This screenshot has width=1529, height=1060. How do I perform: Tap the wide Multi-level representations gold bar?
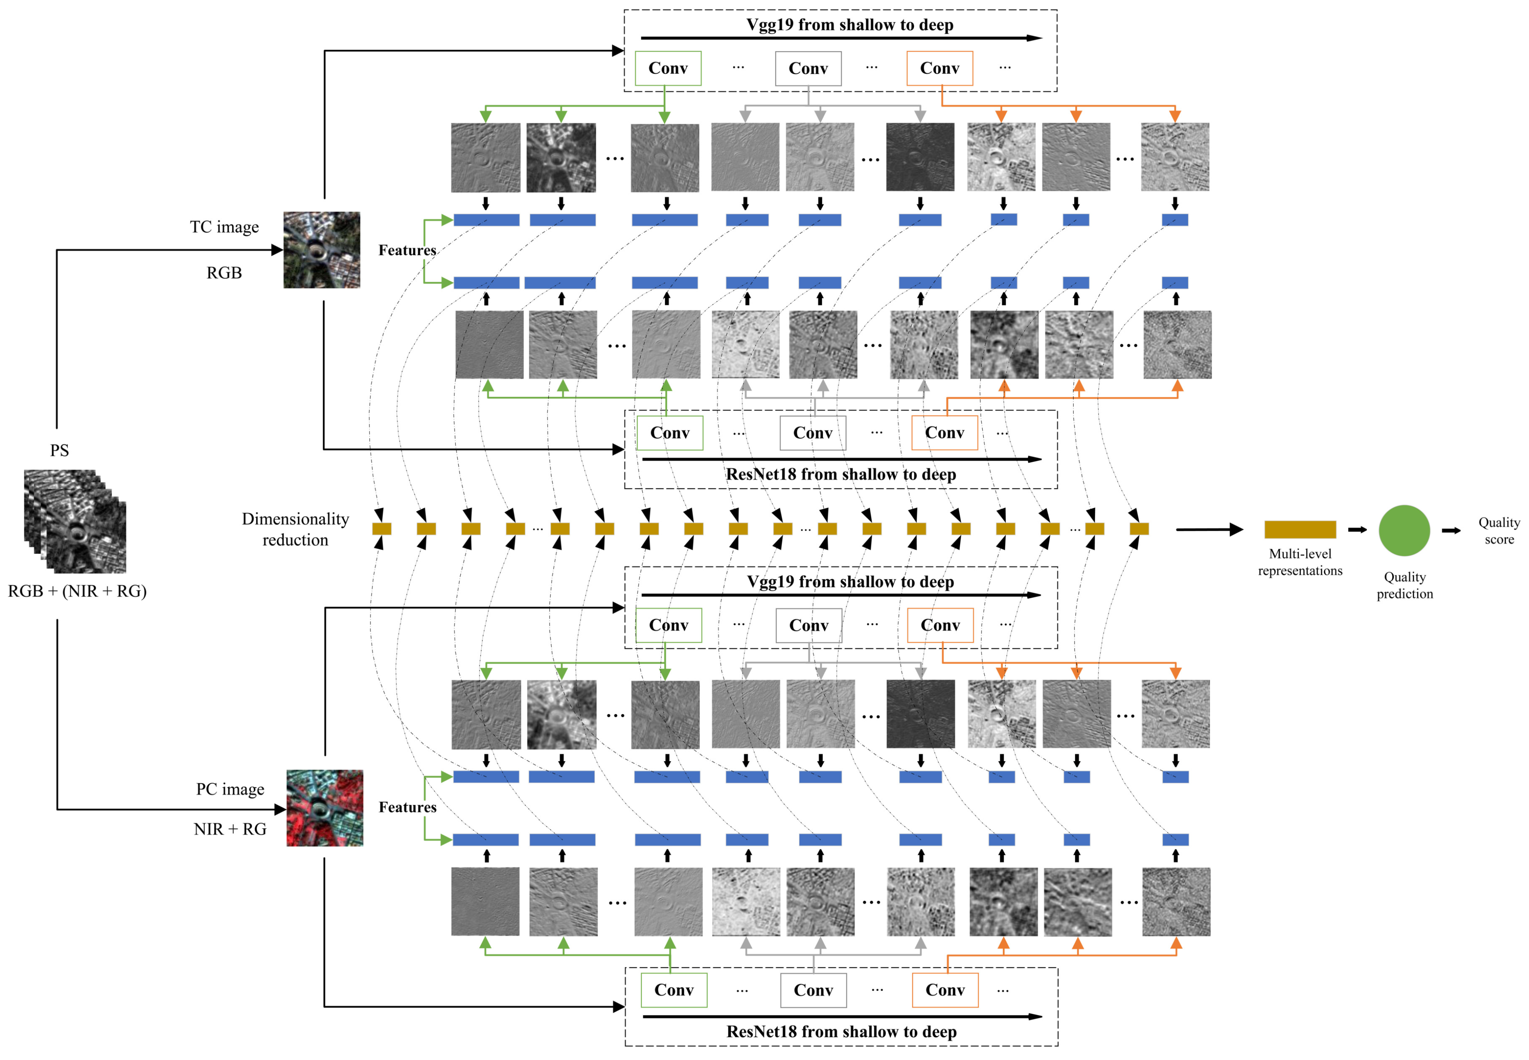pos(1299,529)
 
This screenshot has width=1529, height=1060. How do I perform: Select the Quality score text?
pos(1499,531)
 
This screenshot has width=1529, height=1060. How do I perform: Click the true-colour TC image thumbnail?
pos(322,250)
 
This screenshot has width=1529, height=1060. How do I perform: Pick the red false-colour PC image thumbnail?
pos(324,808)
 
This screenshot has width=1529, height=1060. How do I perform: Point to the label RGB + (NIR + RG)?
pos(77,591)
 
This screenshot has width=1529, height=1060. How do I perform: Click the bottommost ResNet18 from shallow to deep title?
pos(841,1032)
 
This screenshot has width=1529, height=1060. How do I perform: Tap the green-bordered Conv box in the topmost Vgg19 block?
pos(667,68)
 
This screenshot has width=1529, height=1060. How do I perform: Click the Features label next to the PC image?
pos(407,807)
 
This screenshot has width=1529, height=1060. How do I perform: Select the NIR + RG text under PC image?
pos(230,829)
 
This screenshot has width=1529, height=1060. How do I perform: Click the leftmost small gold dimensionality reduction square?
pos(381,529)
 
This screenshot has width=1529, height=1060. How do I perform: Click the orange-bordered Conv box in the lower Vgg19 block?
pos(940,625)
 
